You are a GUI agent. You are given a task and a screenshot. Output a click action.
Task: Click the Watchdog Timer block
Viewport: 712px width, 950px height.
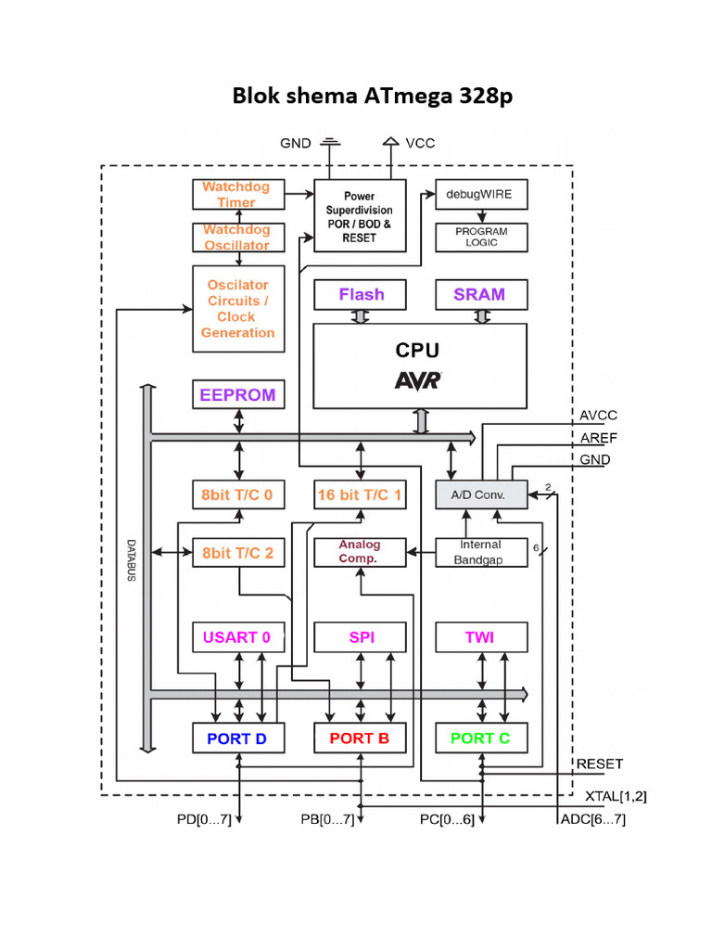pos(236,194)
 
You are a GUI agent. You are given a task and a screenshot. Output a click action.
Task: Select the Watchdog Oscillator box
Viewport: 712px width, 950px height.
pos(236,237)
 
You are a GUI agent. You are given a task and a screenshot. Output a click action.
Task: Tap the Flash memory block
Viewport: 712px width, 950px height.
pos(361,295)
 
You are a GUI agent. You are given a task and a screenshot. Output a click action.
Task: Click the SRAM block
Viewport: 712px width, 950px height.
pos(480,295)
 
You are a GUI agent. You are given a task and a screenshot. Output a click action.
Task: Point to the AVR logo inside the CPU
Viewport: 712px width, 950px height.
pos(419,380)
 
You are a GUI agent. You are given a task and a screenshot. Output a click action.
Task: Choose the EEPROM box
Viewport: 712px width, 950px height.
pos(237,395)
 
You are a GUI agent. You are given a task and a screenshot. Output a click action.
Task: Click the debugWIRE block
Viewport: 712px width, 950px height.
pos(480,195)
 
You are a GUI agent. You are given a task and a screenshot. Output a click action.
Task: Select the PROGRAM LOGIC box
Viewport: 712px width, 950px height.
pos(481,237)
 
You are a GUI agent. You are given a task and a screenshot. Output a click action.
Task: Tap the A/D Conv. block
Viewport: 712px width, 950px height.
pos(481,494)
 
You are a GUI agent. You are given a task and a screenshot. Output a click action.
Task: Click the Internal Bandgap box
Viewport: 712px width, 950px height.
pos(480,552)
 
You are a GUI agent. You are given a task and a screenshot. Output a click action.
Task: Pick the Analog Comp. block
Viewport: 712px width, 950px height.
pos(360,552)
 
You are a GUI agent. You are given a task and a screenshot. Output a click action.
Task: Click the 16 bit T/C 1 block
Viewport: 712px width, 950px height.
pos(360,495)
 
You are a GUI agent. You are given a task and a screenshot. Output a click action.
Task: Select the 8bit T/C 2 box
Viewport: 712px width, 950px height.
pos(237,553)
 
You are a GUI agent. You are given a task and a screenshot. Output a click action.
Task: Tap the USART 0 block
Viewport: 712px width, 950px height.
pos(237,637)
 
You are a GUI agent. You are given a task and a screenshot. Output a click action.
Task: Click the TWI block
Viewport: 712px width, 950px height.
pos(480,637)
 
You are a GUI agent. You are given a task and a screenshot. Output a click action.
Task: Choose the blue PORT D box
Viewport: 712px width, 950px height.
pos(237,738)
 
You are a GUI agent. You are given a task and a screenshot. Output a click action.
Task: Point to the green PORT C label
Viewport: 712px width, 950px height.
pos(480,738)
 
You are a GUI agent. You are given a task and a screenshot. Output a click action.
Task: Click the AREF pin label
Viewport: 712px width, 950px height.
pos(598,438)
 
